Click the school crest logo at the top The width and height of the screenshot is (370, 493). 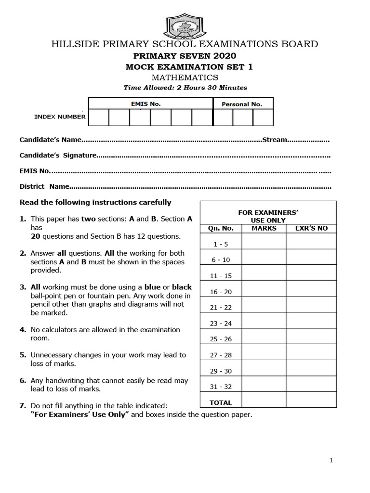[x=185, y=26]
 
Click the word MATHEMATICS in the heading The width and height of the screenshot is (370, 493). [x=185, y=78]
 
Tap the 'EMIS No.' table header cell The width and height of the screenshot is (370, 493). [x=150, y=104]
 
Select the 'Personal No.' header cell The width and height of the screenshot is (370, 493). [x=242, y=104]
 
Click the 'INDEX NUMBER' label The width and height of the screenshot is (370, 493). [x=60, y=117]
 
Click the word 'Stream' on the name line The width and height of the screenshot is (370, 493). [x=275, y=140]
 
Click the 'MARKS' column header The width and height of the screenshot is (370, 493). [x=264, y=228]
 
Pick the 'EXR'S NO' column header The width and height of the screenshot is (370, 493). [x=311, y=228]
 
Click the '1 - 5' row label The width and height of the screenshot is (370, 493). [x=221, y=244]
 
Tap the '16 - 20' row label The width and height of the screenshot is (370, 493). [x=221, y=292]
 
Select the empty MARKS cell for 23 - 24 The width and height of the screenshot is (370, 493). [x=264, y=323]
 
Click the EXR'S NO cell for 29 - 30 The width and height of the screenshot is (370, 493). [x=311, y=371]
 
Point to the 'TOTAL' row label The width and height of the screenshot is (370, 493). [x=221, y=402]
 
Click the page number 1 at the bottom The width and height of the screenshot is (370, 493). [x=331, y=460]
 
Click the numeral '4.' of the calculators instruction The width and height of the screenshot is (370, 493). [x=23, y=330]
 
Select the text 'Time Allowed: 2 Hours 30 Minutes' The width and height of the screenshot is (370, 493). [x=185, y=88]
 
